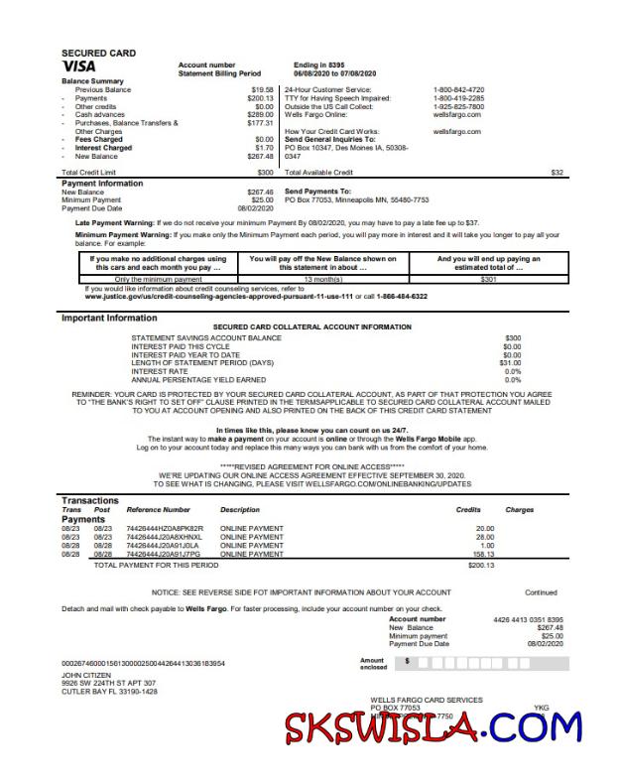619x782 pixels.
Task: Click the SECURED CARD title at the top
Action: tap(98, 53)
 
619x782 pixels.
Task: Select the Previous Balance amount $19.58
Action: tap(262, 89)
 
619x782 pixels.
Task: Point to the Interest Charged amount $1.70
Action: tap(264, 148)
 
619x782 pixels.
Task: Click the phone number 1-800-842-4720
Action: tap(458, 89)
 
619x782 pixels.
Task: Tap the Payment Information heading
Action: tap(102, 183)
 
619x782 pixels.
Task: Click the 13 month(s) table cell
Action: tap(322, 279)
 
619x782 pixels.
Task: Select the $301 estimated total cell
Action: tap(487, 279)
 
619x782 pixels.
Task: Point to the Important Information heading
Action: tap(109, 318)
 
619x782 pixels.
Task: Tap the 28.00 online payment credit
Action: tap(484, 537)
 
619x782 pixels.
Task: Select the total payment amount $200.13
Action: tap(480, 565)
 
